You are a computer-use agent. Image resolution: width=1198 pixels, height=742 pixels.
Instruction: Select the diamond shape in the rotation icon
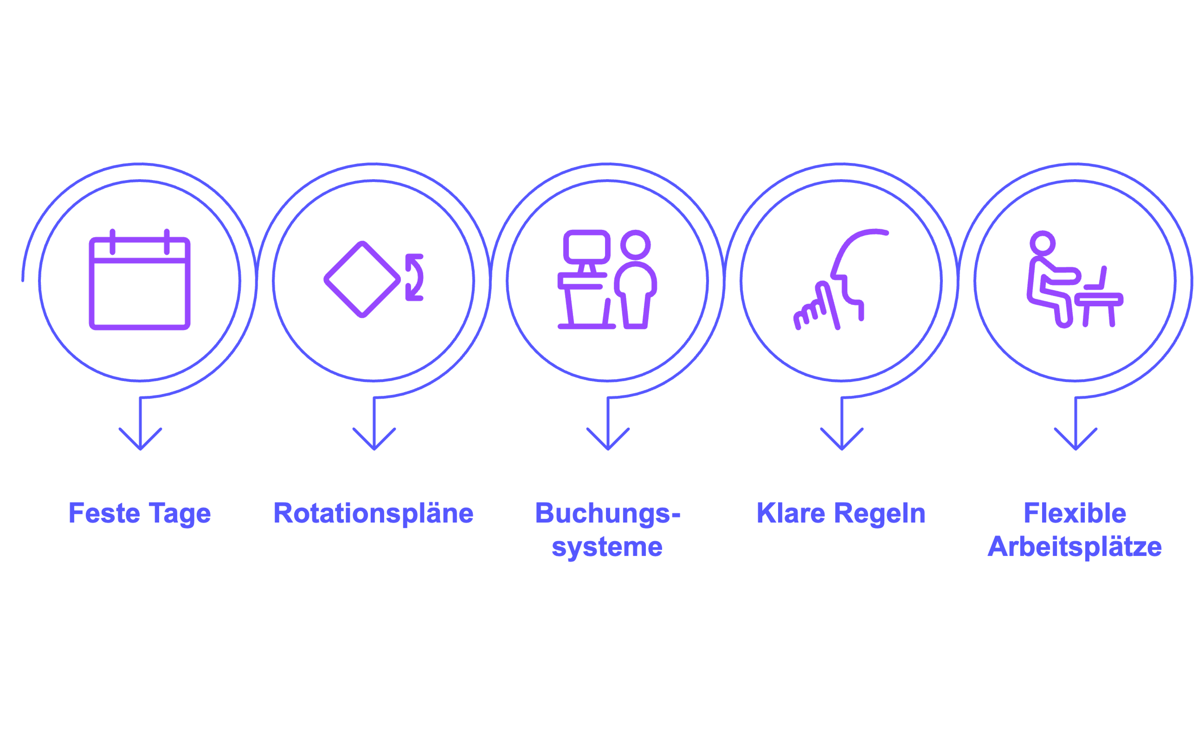point(362,280)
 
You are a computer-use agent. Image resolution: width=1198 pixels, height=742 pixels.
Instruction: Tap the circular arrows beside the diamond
point(415,277)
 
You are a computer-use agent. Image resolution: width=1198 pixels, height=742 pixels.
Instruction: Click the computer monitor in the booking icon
point(587,247)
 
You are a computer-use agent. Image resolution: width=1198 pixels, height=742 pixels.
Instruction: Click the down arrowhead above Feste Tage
point(140,439)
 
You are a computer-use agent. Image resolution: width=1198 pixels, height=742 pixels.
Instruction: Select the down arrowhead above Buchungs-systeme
point(608,439)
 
